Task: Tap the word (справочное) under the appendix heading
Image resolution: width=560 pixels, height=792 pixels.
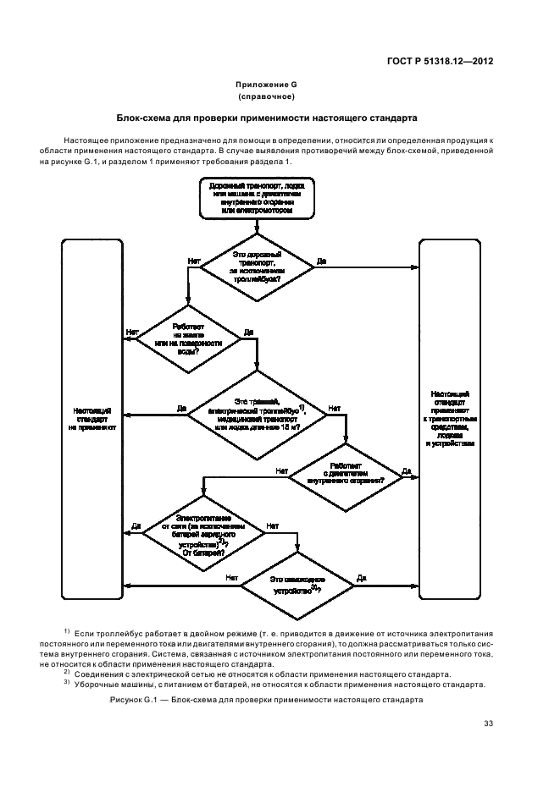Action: point(272,98)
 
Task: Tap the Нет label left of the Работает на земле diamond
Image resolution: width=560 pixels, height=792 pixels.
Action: point(131,333)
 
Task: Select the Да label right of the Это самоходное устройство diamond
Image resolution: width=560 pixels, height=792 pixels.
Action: point(362,578)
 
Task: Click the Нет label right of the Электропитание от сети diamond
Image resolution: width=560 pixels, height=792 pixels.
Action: point(272,525)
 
